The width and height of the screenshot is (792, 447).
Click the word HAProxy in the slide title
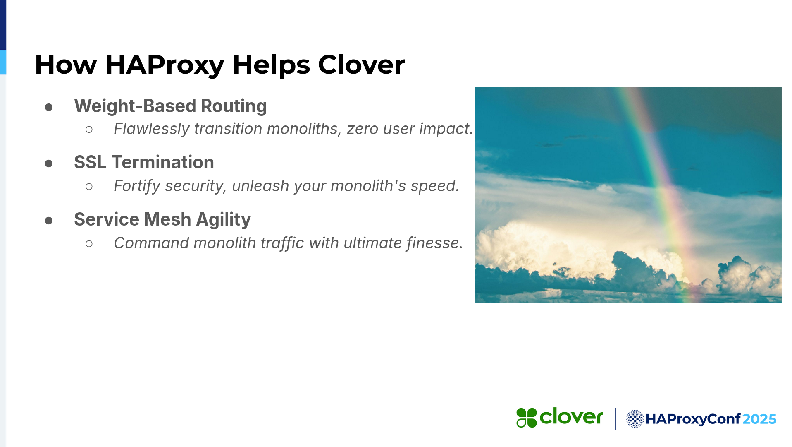pyautogui.click(x=165, y=65)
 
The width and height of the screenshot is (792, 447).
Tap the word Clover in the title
pyautogui.click(x=361, y=65)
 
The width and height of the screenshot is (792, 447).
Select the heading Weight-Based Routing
pyautogui.click(x=170, y=106)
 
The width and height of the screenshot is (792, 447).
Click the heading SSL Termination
pyautogui.click(x=144, y=162)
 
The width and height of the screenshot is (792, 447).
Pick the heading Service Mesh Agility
pyautogui.click(x=162, y=220)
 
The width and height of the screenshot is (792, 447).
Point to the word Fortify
pyautogui.click(x=137, y=186)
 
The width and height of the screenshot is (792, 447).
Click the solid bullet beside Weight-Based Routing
pyautogui.click(x=49, y=108)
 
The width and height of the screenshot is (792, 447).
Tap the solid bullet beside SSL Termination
pyautogui.click(x=49, y=163)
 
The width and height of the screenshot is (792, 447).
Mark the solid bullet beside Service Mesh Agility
pyautogui.click(x=49, y=221)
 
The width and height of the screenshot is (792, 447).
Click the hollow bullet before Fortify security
pyautogui.click(x=89, y=187)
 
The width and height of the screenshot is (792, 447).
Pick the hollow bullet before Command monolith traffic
pyautogui.click(x=89, y=244)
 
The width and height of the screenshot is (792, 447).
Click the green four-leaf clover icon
pyautogui.click(x=526, y=418)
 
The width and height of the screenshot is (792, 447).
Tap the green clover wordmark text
pyautogui.click(x=571, y=417)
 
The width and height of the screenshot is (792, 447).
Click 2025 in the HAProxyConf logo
pyautogui.click(x=759, y=419)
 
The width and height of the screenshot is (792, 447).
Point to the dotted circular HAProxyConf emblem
pyautogui.click(x=635, y=419)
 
